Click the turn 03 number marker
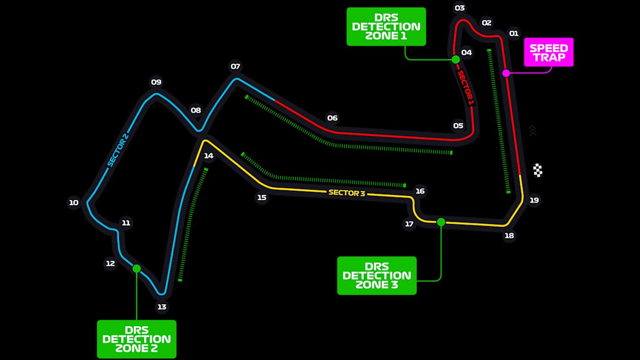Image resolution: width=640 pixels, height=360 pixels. (460, 8)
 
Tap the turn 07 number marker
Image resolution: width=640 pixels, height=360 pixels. (235, 66)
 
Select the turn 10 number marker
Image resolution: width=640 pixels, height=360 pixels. (74, 202)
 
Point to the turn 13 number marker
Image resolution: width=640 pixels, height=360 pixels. (162, 307)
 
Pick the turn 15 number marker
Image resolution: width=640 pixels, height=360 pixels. (262, 197)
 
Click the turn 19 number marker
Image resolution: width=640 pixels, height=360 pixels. (534, 200)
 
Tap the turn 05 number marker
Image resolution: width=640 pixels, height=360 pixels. (458, 125)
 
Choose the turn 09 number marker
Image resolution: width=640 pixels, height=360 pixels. (156, 82)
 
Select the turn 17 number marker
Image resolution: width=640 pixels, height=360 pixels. (409, 223)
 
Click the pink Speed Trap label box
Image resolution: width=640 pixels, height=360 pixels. (548, 52)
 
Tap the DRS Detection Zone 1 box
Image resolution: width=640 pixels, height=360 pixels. (386, 27)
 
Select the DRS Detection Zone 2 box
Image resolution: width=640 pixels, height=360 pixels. (136, 339)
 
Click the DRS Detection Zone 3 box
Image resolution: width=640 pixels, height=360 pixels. (377, 276)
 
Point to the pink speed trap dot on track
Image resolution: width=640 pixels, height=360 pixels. (506, 73)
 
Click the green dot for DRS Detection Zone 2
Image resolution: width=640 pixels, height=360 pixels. (136, 268)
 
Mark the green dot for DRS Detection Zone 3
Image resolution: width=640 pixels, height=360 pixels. (441, 222)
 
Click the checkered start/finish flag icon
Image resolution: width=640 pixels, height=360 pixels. (538, 170)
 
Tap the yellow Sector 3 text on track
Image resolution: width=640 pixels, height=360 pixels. (347, 193)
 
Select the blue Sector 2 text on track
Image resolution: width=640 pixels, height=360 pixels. (117, 150)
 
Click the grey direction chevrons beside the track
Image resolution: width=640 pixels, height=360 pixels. (533, 130)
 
